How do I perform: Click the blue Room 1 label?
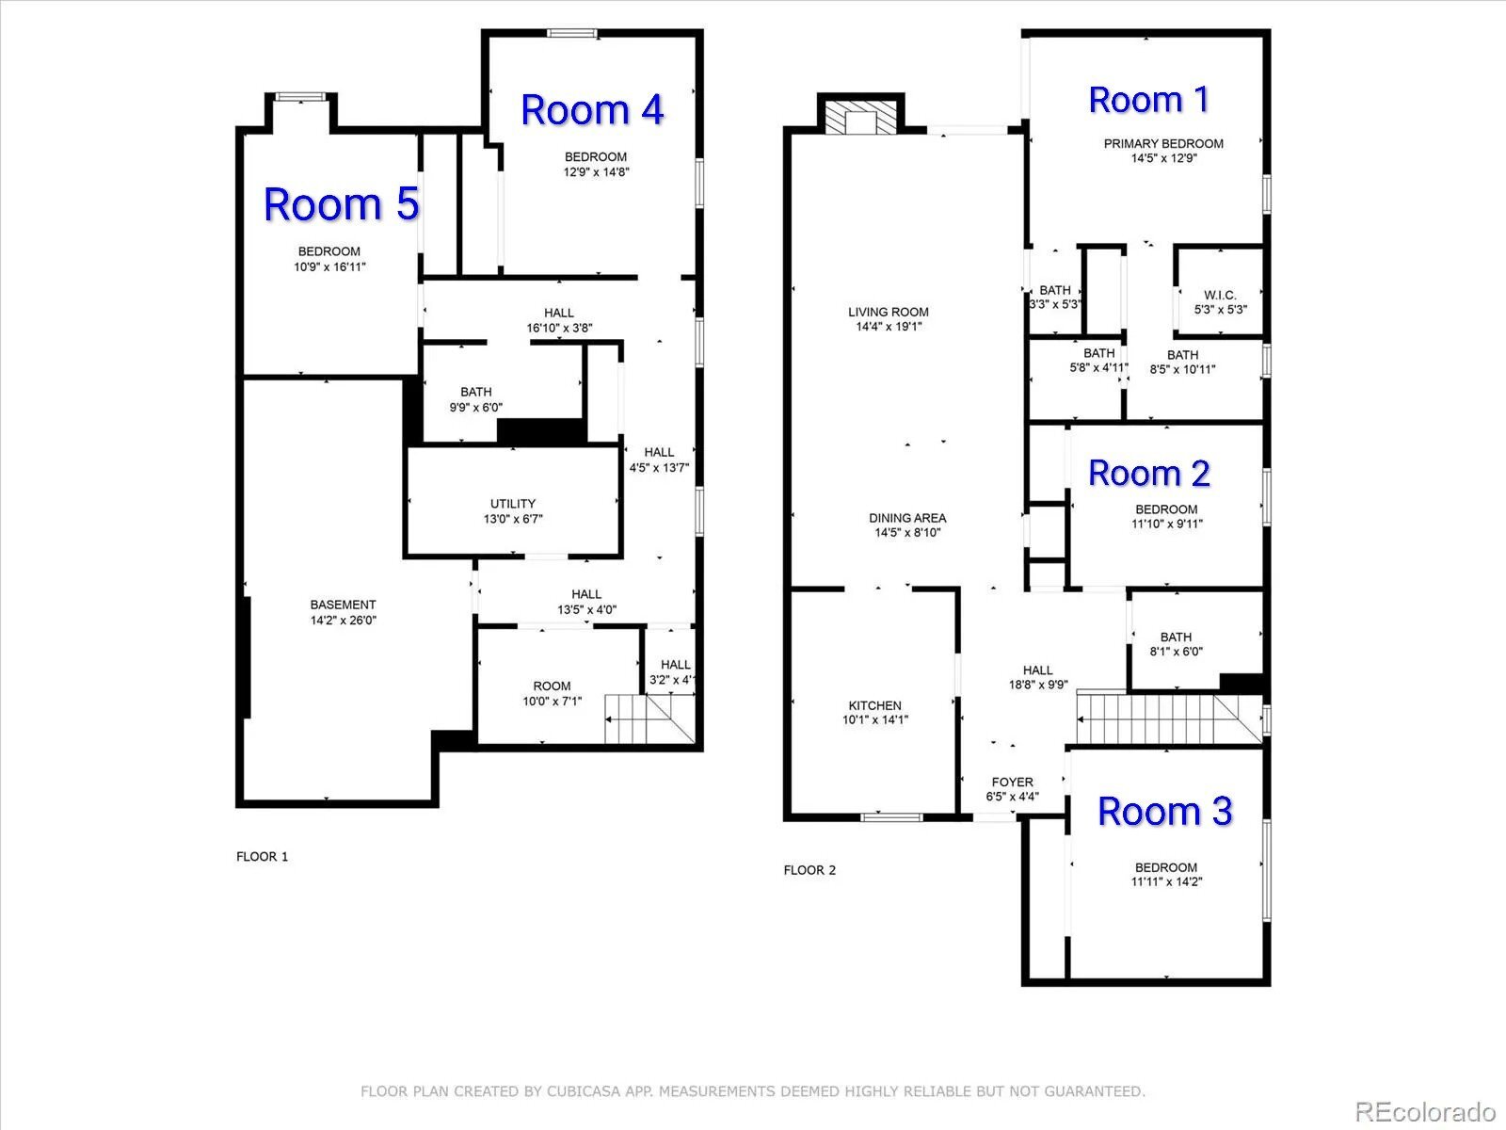pos(1148,100)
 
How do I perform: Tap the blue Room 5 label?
pos(341,203)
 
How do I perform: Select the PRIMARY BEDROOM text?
pos(1163,143)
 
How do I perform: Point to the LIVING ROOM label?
pos(889,312)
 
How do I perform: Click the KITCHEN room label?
pos(874,705)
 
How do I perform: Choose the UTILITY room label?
pos(513,504)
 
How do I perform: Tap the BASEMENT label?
pos(343,605)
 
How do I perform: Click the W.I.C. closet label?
pos(1220,295)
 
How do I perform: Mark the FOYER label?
pos(1012,783)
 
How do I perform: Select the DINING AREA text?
pos(907,518)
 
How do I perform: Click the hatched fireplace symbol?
pos(860,118)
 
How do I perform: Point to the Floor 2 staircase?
pos(1169,719)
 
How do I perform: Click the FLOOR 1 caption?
pos(262,856)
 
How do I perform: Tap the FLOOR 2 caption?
pos(809,870)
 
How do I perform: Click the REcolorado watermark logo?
pos(1425,1111)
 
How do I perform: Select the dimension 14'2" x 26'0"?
pos(343,621)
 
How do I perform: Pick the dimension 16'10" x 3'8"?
pos(559,328)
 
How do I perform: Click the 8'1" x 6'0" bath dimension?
pos(1176,651)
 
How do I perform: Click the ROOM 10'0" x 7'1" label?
pos(553,694)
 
